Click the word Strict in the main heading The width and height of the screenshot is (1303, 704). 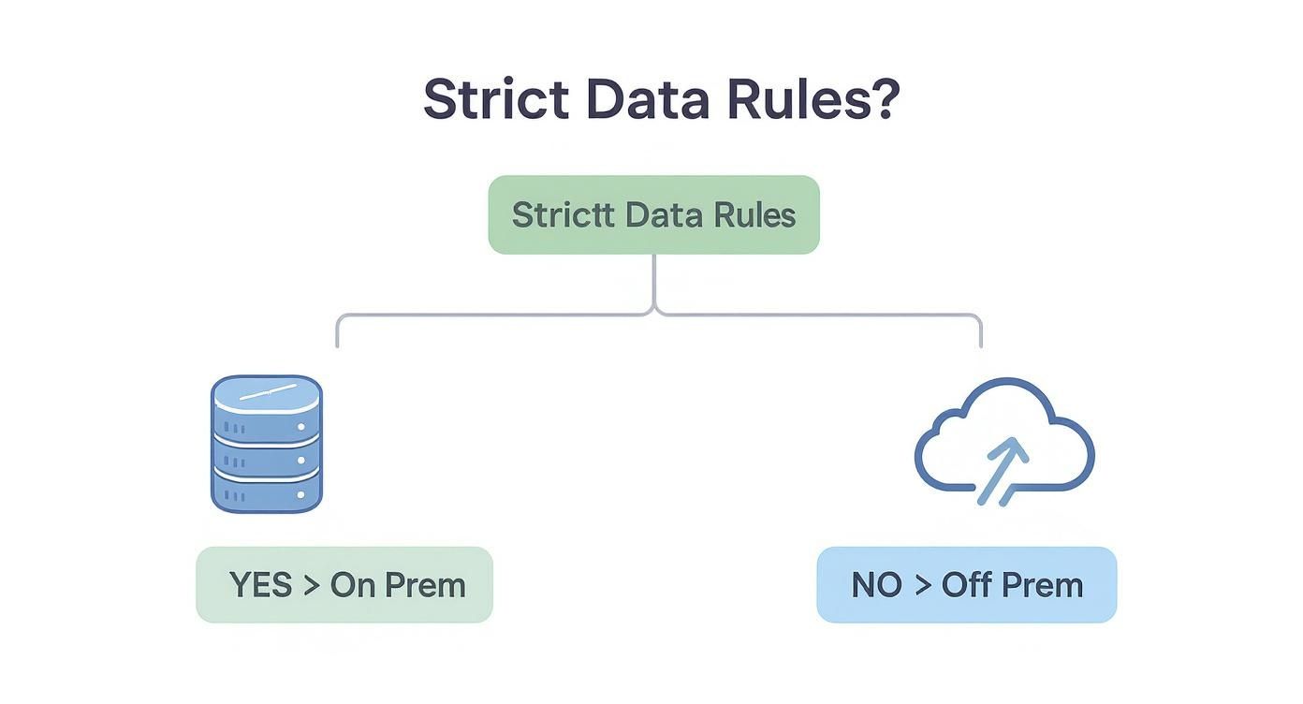pos(495,99)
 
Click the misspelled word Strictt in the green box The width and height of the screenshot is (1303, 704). pos(564,214)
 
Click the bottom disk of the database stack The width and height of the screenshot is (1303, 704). pos(267,492)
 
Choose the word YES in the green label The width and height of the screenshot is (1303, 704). pos(261,585)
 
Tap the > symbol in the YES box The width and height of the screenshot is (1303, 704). pos(311,585)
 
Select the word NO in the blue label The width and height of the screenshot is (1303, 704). pos(877,585)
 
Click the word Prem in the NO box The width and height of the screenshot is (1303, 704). pos(1042,585)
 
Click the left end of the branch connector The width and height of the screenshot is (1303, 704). pos(337,343)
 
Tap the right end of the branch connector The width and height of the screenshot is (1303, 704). pos(980,343)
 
